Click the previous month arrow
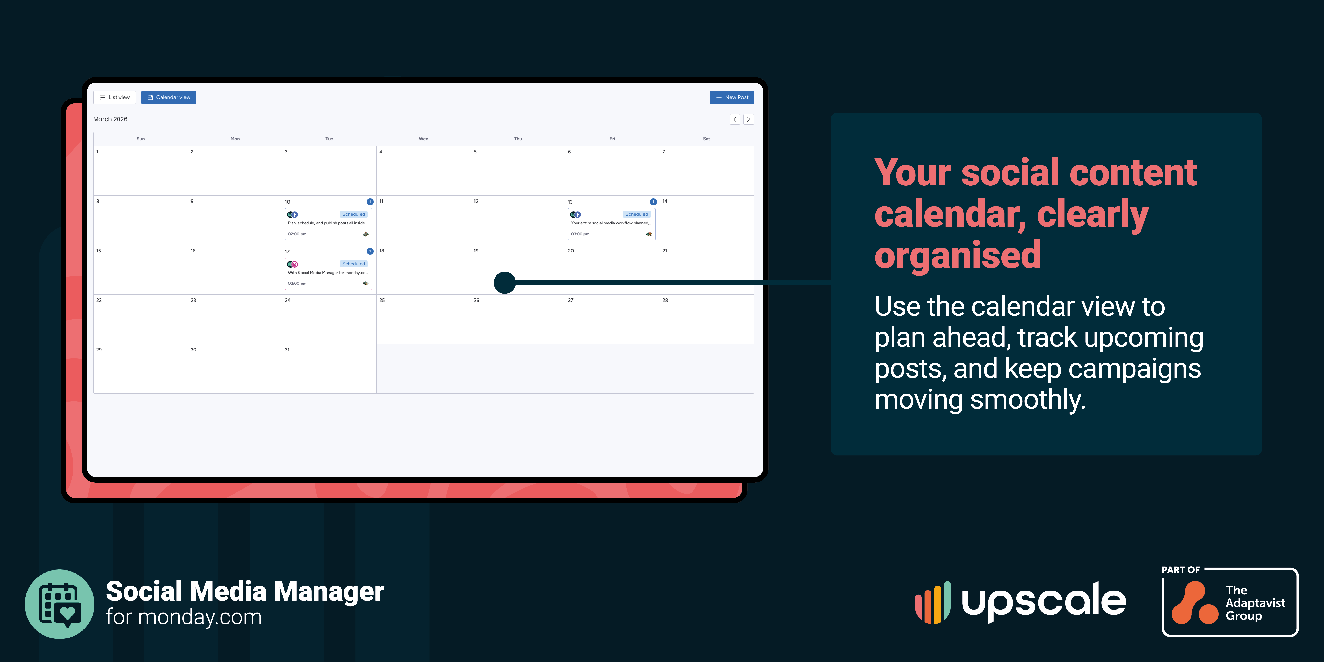click(x=735, y=119)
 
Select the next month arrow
click(x=748, y=119)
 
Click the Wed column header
click(x=424, y=139)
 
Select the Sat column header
click(x=707, y=139)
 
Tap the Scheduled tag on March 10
click(x=354, y=214)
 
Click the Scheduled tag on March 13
click(x=637, y=214)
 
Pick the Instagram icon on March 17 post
click(x=295, y=264)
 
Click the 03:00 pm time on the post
click(x=580, y=234)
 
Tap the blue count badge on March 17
click(x=370, y=251)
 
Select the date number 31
click(x=287, y=350)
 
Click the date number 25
click(x=382, y=300)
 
